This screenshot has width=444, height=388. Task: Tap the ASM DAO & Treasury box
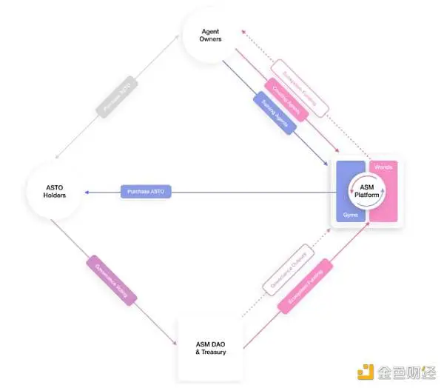210,347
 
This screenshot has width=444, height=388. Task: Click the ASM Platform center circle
367,191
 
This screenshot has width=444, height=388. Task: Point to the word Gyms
350,215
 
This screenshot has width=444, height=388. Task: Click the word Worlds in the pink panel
384,167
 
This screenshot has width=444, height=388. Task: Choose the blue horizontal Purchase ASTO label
146,193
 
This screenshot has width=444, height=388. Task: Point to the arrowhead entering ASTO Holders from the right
87,193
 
